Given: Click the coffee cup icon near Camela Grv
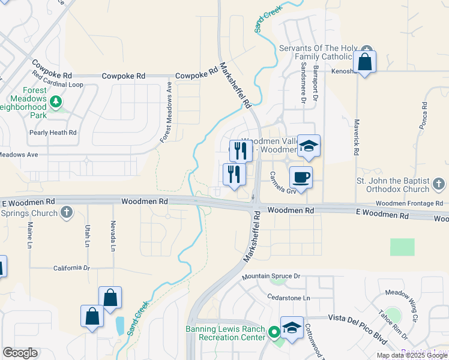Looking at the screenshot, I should coord(301,178).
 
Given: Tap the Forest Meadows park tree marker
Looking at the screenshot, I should coord(56,101).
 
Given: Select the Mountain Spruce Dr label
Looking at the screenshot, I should coord(271,277).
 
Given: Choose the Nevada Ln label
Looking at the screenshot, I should coord(112,234).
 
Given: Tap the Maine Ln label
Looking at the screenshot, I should coord(29,235).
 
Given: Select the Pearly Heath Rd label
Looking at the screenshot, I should coord(53,132).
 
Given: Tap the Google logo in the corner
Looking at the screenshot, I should coord(20,353).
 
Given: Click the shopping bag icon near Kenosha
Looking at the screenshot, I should coord(364,61).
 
